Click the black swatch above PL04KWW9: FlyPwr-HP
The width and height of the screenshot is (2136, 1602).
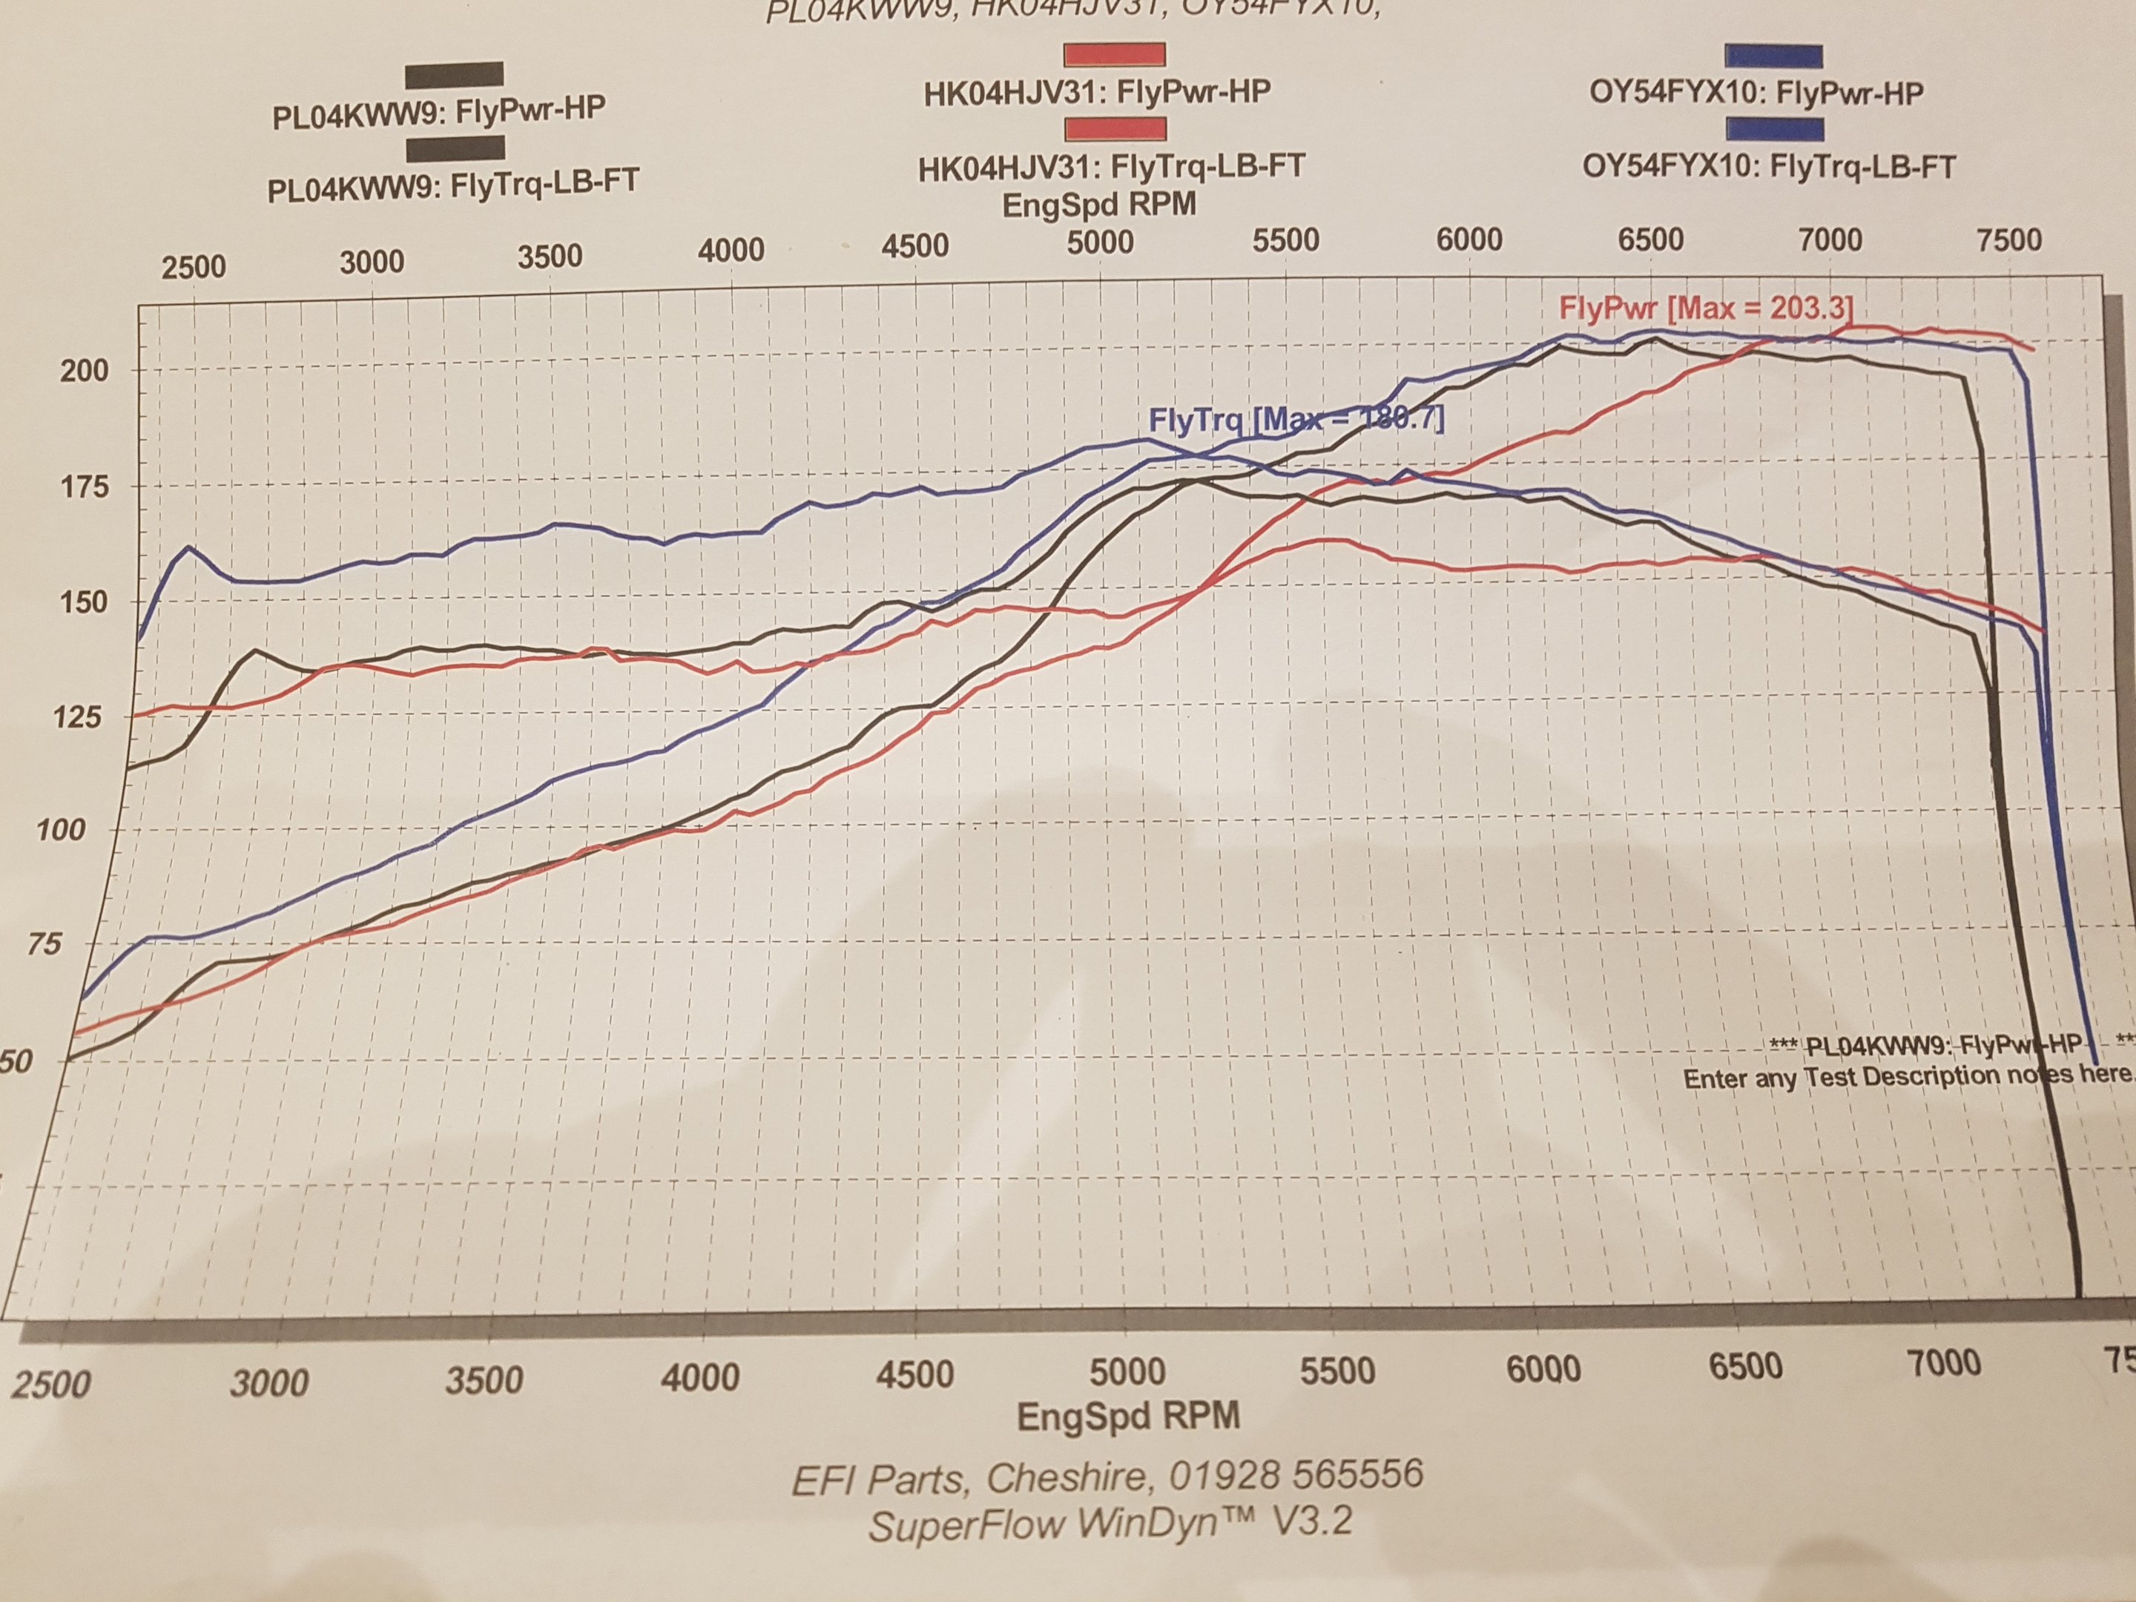[454, 74]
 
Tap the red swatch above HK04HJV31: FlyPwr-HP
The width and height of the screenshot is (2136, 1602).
[1113, 54]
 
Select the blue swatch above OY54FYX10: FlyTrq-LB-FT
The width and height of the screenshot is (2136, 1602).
[1775, 129]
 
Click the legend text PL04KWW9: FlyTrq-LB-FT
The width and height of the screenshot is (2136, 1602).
[453, 183]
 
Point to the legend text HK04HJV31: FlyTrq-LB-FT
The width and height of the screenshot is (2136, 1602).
[1112, 167]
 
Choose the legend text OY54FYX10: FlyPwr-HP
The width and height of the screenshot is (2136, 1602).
[1756, 93]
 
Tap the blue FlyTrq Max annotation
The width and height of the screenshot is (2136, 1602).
[1296, 420]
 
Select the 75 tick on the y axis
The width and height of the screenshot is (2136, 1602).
[44, 943]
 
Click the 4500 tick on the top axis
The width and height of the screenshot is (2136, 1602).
[914, 246]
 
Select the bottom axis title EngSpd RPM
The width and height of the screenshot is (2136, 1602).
[1128, 1416]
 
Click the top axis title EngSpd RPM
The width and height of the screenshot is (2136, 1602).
[1100, 205]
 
